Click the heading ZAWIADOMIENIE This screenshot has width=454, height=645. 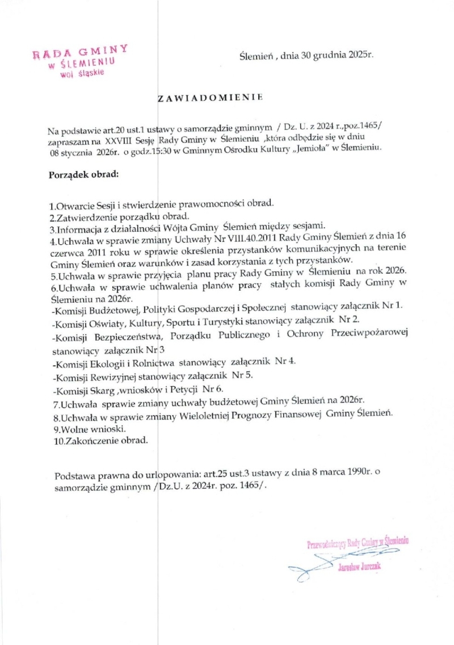point(209,98)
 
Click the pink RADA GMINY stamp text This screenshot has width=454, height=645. point(80,52)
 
